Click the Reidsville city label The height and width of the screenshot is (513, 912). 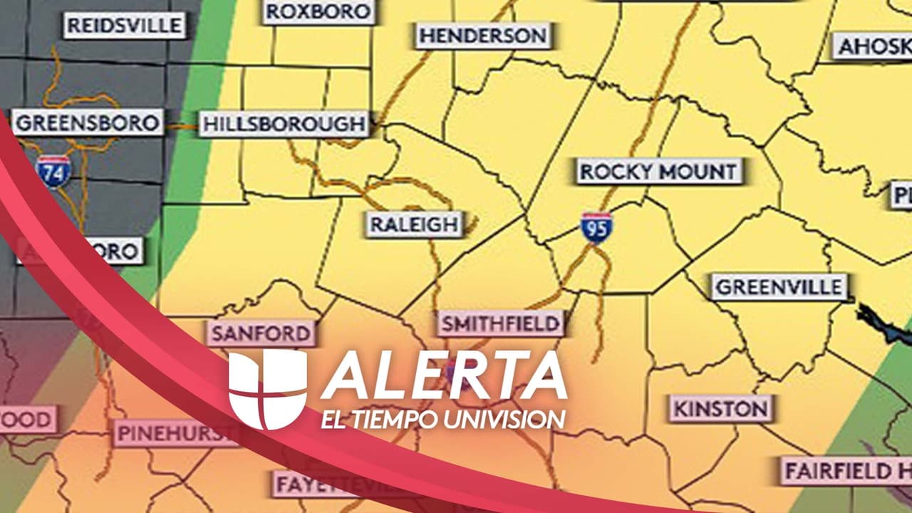pos(125,26)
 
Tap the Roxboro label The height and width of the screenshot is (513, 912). pos(318,11)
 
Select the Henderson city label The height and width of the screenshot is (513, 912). pos(483,35)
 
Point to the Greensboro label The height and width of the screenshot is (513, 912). pos(87,122)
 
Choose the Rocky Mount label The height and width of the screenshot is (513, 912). pos(658,172)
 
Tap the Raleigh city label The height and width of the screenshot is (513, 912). pos(414,224)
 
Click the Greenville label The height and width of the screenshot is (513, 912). pos(779,287)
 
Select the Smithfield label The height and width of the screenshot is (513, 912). pos(500,324)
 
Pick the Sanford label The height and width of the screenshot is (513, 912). pos(261,333)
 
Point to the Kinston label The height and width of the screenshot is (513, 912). pos(721,409)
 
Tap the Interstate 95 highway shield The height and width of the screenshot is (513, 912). pos(596,228)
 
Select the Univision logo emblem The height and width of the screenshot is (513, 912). pos(267,389)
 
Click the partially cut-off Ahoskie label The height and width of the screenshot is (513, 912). pos(874,46)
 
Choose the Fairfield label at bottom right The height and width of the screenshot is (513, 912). pos(845,471)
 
